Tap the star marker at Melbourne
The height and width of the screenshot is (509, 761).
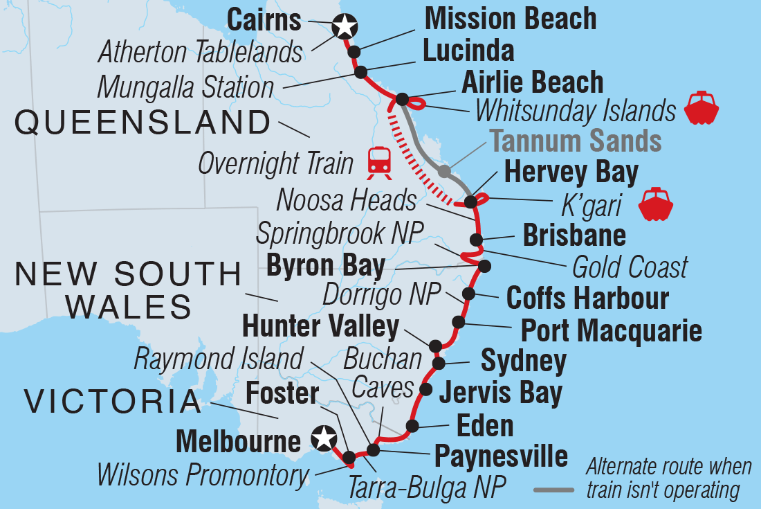(322, 438)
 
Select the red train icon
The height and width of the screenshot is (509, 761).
(379, 162)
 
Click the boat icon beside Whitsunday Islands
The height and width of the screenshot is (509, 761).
(702, 107)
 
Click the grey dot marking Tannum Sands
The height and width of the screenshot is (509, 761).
(444, 171)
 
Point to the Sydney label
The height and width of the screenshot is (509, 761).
(523, 361)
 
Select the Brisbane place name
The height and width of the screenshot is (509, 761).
(574, 235)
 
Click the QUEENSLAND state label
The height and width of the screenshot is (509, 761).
(143, 123)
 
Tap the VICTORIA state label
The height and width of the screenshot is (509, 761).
(113, 402)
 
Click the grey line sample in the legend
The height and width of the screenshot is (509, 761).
(553, 490)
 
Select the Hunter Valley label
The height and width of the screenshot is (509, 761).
(321, 327)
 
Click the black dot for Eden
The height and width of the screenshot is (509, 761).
(412, 425)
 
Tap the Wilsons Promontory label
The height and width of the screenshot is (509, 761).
(202, 475)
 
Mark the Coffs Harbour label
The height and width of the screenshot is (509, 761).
(587, 298)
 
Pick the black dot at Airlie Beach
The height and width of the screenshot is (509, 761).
(402, 100)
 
